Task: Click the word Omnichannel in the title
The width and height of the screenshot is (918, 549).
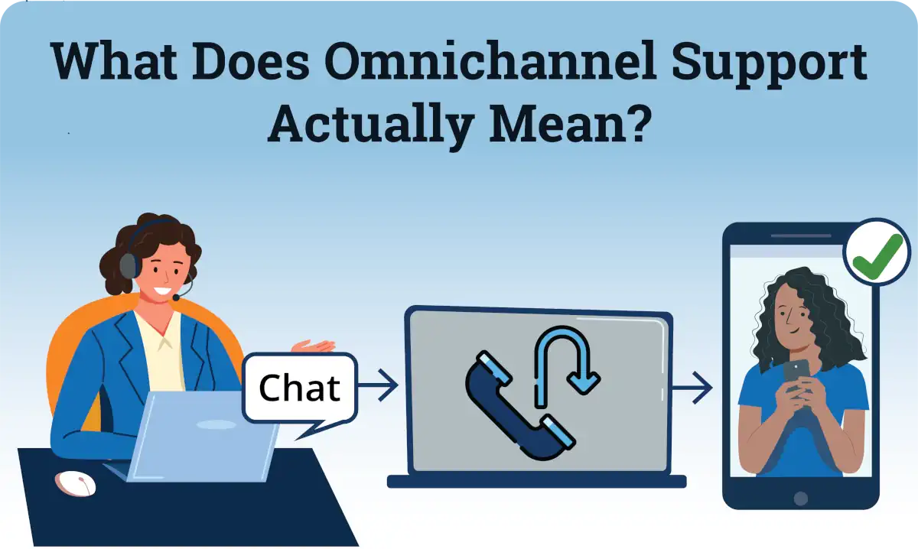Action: [490, 61]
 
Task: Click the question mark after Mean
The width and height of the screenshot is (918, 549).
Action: [638, 121]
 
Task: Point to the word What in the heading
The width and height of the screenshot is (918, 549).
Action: [114, 61]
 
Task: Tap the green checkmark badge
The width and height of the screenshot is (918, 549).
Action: [876, 252]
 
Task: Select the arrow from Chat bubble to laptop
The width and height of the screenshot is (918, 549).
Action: [378, 385]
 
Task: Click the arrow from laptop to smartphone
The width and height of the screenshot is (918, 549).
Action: [692, 388]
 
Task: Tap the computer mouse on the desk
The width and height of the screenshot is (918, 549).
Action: [76, 484]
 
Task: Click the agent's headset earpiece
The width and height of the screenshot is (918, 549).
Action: [130, 266]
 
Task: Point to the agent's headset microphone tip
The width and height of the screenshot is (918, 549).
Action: [176, 297]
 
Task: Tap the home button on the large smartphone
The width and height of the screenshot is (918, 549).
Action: [800, 499]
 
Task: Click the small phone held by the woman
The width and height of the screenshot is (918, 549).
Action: [796, 375]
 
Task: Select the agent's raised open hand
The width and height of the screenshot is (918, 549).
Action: [314, 346]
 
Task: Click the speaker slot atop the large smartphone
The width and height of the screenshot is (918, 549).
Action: [801, 236]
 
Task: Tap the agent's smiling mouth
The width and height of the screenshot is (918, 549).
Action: [162, 291]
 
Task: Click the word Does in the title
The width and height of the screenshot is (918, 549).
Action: [250, 61]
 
